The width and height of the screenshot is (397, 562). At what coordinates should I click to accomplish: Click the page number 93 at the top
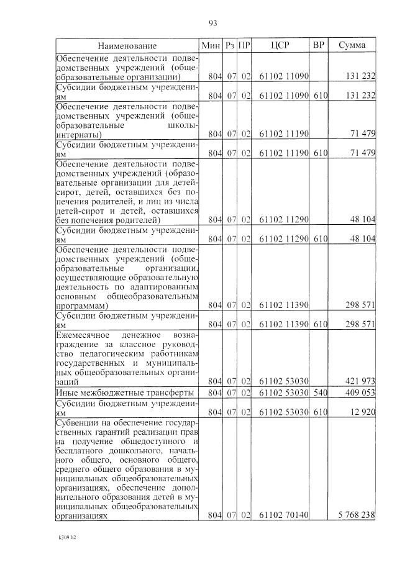click(x=212, y=23)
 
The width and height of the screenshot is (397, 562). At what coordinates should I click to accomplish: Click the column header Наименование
click(x=127, y=45)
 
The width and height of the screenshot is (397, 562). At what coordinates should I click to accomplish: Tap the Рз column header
click(x=230, y=45)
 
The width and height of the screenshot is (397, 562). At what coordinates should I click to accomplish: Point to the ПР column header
click(x=244, y=45)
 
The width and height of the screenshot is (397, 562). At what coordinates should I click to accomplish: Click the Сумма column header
click(x=352, y=45)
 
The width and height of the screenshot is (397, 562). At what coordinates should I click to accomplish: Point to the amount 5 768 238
click(x=357, y=515)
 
